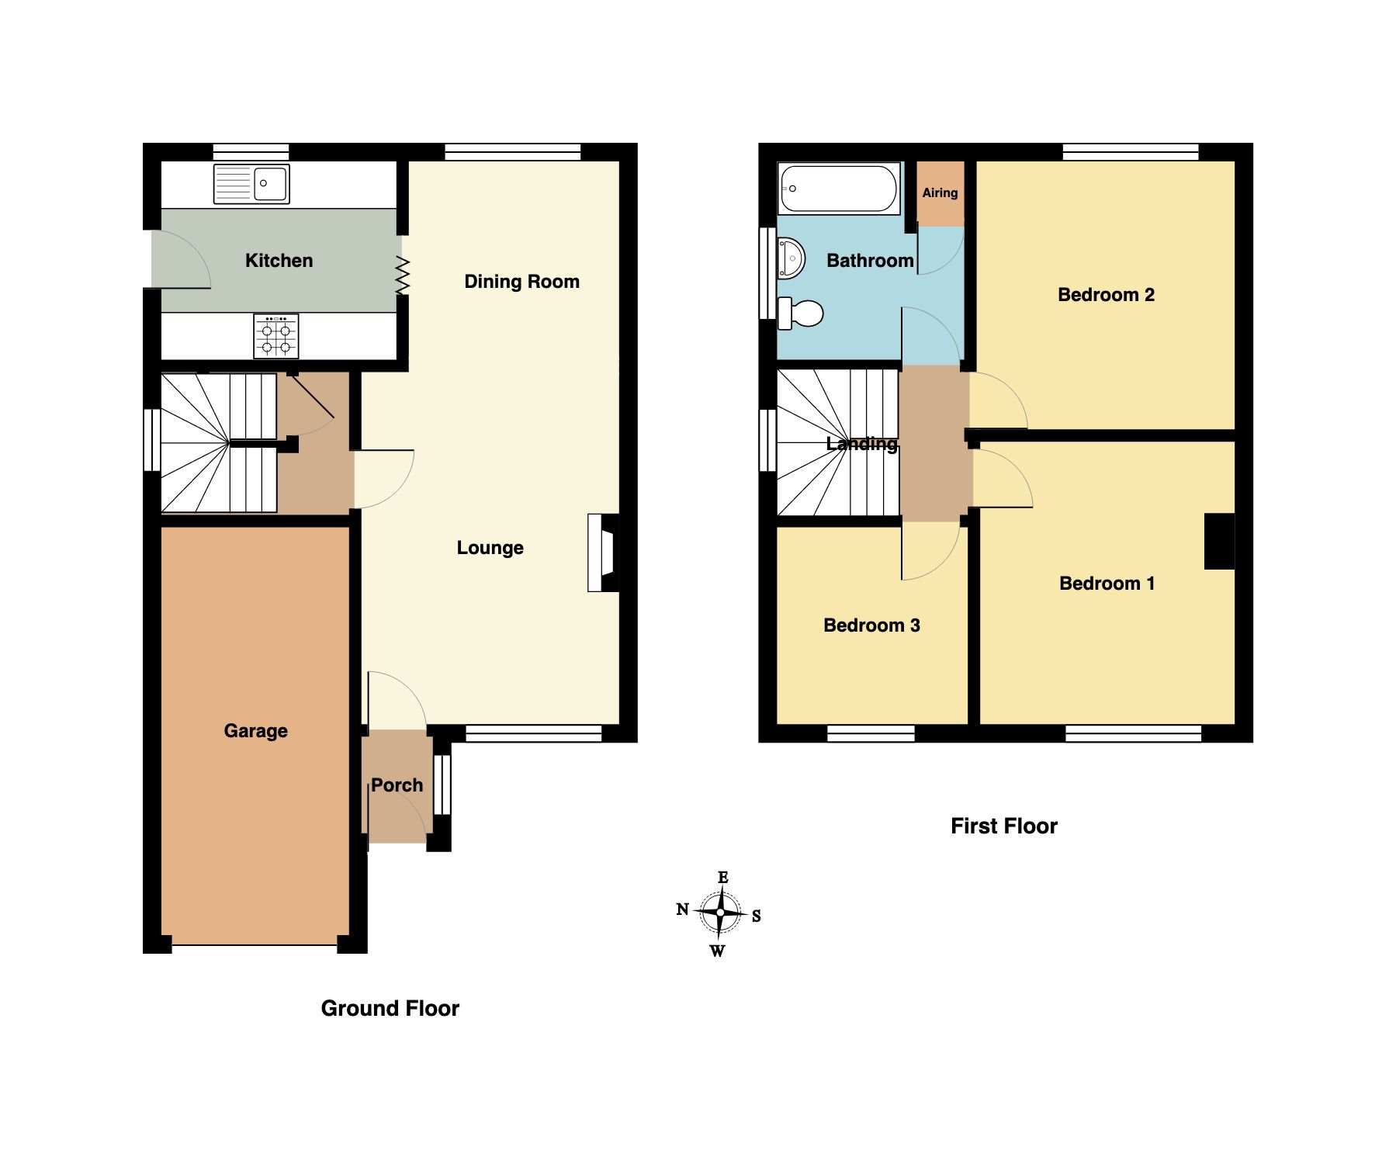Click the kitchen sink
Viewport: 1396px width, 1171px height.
(251, 184)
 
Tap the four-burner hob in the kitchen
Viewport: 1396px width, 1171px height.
(275, 336)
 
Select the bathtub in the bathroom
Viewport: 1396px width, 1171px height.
(839, 188)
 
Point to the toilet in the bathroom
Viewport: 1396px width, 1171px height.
(801, 313)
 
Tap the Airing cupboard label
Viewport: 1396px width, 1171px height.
(940, 192)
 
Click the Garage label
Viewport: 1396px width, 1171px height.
(255, 730)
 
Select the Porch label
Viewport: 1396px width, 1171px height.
(397, 785)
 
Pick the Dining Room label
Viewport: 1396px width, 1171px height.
(521, 281)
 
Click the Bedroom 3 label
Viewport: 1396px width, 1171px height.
(871, 625)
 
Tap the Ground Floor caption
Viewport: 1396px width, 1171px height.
(390, 1008)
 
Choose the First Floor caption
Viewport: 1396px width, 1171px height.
(1003, 826)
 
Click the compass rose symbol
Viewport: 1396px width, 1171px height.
(720, 913)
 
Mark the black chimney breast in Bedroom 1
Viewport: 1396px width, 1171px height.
(1218, 541)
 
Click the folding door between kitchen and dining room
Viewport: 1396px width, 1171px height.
(402, 275)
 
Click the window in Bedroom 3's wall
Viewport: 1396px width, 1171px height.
(871, 733)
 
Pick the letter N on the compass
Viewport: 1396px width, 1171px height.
(682, 909)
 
